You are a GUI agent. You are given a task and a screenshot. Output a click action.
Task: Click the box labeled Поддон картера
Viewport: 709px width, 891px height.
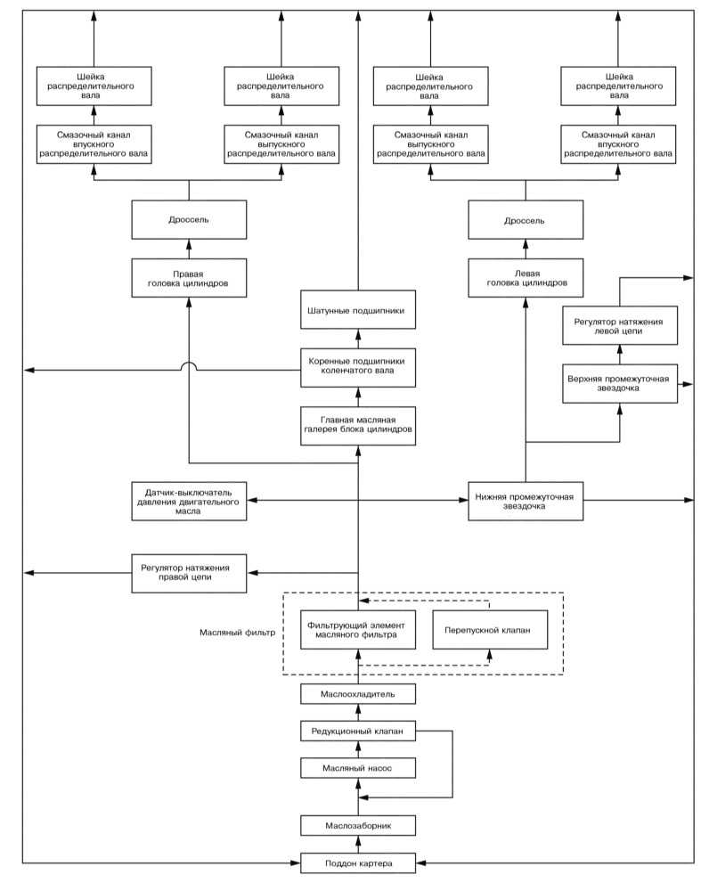(x=358, y=862)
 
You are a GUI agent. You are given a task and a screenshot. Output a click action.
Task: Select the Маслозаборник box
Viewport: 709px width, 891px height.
(x=358, y=825)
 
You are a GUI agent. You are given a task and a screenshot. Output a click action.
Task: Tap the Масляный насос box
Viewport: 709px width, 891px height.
(x=358, y=768)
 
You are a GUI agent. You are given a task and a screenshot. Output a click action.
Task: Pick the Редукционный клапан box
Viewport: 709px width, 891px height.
(x=358, y=731)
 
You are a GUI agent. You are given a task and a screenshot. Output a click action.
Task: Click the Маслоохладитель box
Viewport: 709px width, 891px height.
(x=358, y=694)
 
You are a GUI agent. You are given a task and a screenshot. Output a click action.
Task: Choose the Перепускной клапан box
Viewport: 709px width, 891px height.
(x=490, y=630)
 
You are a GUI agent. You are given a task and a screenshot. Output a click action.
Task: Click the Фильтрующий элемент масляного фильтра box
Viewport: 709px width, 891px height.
(x=358, y=630)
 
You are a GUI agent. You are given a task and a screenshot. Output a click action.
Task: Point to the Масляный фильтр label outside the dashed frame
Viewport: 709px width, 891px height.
(x=238, y=632)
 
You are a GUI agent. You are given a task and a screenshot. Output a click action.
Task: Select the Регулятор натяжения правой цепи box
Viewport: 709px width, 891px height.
(x=189, y=573)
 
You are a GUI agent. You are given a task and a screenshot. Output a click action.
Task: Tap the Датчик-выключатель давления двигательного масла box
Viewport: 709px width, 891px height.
(x=189, y=501)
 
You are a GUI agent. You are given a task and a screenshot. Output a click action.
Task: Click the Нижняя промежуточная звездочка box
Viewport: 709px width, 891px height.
(x=526, y=501)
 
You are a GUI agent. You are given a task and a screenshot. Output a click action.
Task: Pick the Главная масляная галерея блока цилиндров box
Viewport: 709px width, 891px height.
(x=358, y=426)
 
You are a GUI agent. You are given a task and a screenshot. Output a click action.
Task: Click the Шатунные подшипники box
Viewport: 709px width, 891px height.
(x=358, y=310)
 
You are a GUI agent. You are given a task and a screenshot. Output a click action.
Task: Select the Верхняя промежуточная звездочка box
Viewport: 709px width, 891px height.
(x=620, y=383)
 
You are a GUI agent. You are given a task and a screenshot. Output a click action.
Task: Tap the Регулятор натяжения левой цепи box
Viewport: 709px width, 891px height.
(x=620, y=325)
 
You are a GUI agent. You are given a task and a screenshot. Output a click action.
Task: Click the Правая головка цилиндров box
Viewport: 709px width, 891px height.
(x=189, y=278)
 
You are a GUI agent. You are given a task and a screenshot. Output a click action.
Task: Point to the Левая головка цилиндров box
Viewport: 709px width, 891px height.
(x=526, y=278)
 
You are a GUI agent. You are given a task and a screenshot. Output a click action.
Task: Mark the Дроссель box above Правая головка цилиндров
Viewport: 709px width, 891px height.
(x=189, y=219)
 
